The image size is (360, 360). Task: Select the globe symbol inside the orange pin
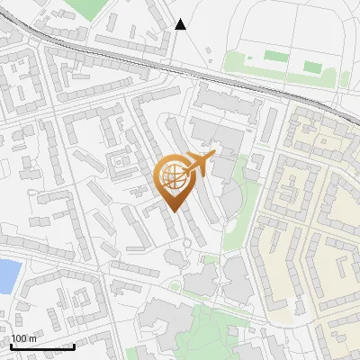coord(173,177)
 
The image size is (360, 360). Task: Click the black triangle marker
coord(181,24)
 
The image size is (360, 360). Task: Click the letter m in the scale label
coord(33,338)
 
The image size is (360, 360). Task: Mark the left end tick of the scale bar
coord(12,346)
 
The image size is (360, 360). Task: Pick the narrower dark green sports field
coord(312,67)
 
